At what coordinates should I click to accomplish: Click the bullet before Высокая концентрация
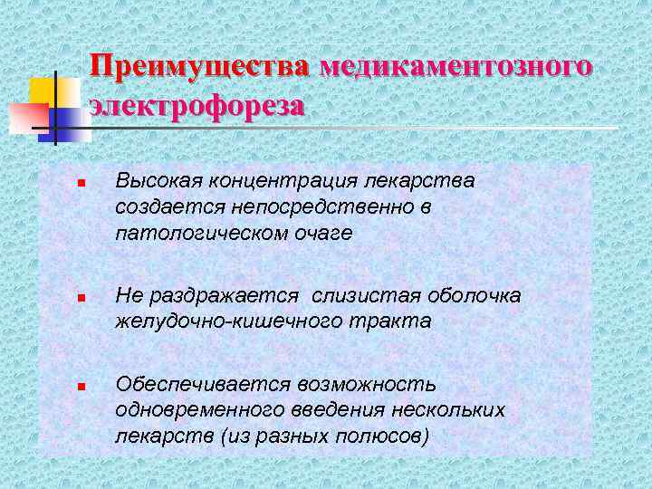pos(81,185)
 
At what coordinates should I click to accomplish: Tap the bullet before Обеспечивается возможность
pos(81,387)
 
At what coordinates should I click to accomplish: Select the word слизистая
pos(357,295)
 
